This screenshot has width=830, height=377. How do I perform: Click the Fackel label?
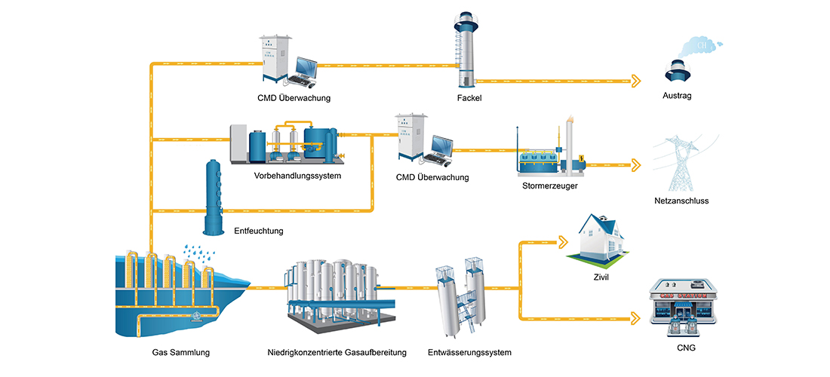(x=469, y=98)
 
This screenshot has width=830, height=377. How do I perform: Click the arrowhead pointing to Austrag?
(x=638, y=81)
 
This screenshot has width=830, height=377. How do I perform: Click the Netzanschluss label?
(x=681, y=201)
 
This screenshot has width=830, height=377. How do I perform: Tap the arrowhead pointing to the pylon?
(x=638, y=164)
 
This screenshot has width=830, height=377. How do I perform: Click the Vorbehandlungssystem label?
(x=298, y=176)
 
